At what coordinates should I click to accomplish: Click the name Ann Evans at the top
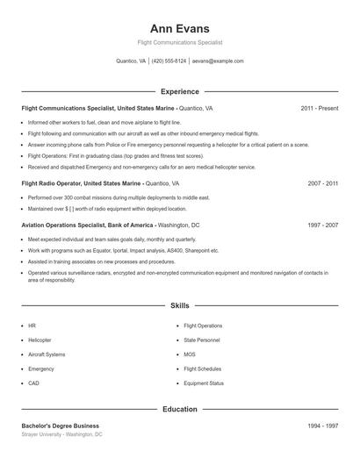click(180, 28)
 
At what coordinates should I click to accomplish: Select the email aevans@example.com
click(218, 61)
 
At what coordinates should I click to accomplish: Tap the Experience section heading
click(180, 91)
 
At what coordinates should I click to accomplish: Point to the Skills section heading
click(180, 306)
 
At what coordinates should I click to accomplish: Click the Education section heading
click(180, 409)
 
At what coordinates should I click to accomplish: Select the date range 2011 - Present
click(320, 108)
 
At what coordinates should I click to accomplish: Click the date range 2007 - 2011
click(323, 184)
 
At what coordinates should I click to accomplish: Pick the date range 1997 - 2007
click(323, 225)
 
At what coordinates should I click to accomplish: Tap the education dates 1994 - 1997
click(323, 426)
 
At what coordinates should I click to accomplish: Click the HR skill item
click(32, 325)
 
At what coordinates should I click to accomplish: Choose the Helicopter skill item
click(40, 340)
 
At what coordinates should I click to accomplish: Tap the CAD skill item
click(33, 383)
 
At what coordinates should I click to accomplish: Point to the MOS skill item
click(190, 354)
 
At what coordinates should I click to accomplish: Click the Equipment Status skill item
click(204, 383)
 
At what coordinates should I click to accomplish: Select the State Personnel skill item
click(203, 340)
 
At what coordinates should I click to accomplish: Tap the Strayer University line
click(61, 434)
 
